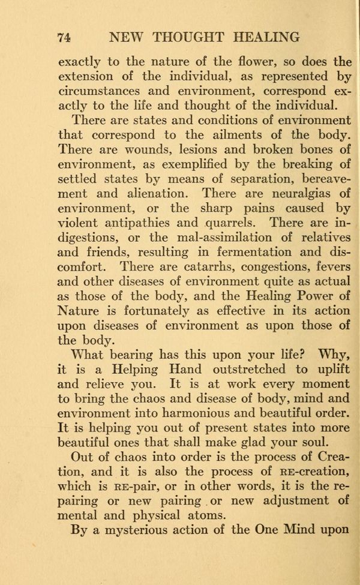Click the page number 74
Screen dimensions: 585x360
pyautogui.click(x=65, y=37)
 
